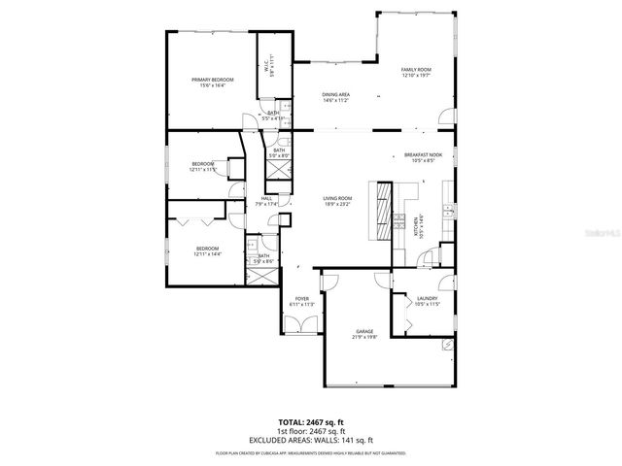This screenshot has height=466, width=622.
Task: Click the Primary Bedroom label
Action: coord(213,80)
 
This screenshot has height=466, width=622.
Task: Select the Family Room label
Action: coord(416,70)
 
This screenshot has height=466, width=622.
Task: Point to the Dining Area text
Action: coord(335,94)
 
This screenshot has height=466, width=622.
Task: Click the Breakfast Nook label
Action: coord(424,155)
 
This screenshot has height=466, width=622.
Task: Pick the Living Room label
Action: coord(337,199)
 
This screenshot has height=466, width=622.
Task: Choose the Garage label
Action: coord(364,332)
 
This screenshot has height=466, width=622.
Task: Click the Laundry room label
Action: coord(427,298)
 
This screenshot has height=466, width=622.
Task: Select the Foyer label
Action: coord(301,298)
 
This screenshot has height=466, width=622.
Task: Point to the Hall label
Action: coord(265,199)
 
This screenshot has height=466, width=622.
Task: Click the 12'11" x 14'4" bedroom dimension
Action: coord(208,253)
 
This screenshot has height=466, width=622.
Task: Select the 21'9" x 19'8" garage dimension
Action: coord(364,338)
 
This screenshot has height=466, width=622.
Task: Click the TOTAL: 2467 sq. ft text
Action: coord(310,422)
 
